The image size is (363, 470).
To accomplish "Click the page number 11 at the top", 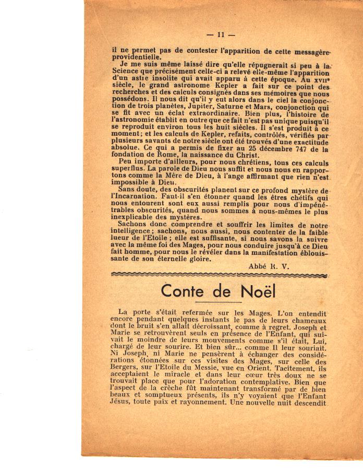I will click(x=221, y=35).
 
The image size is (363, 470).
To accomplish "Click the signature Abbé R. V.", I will click(x=269, y=266).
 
